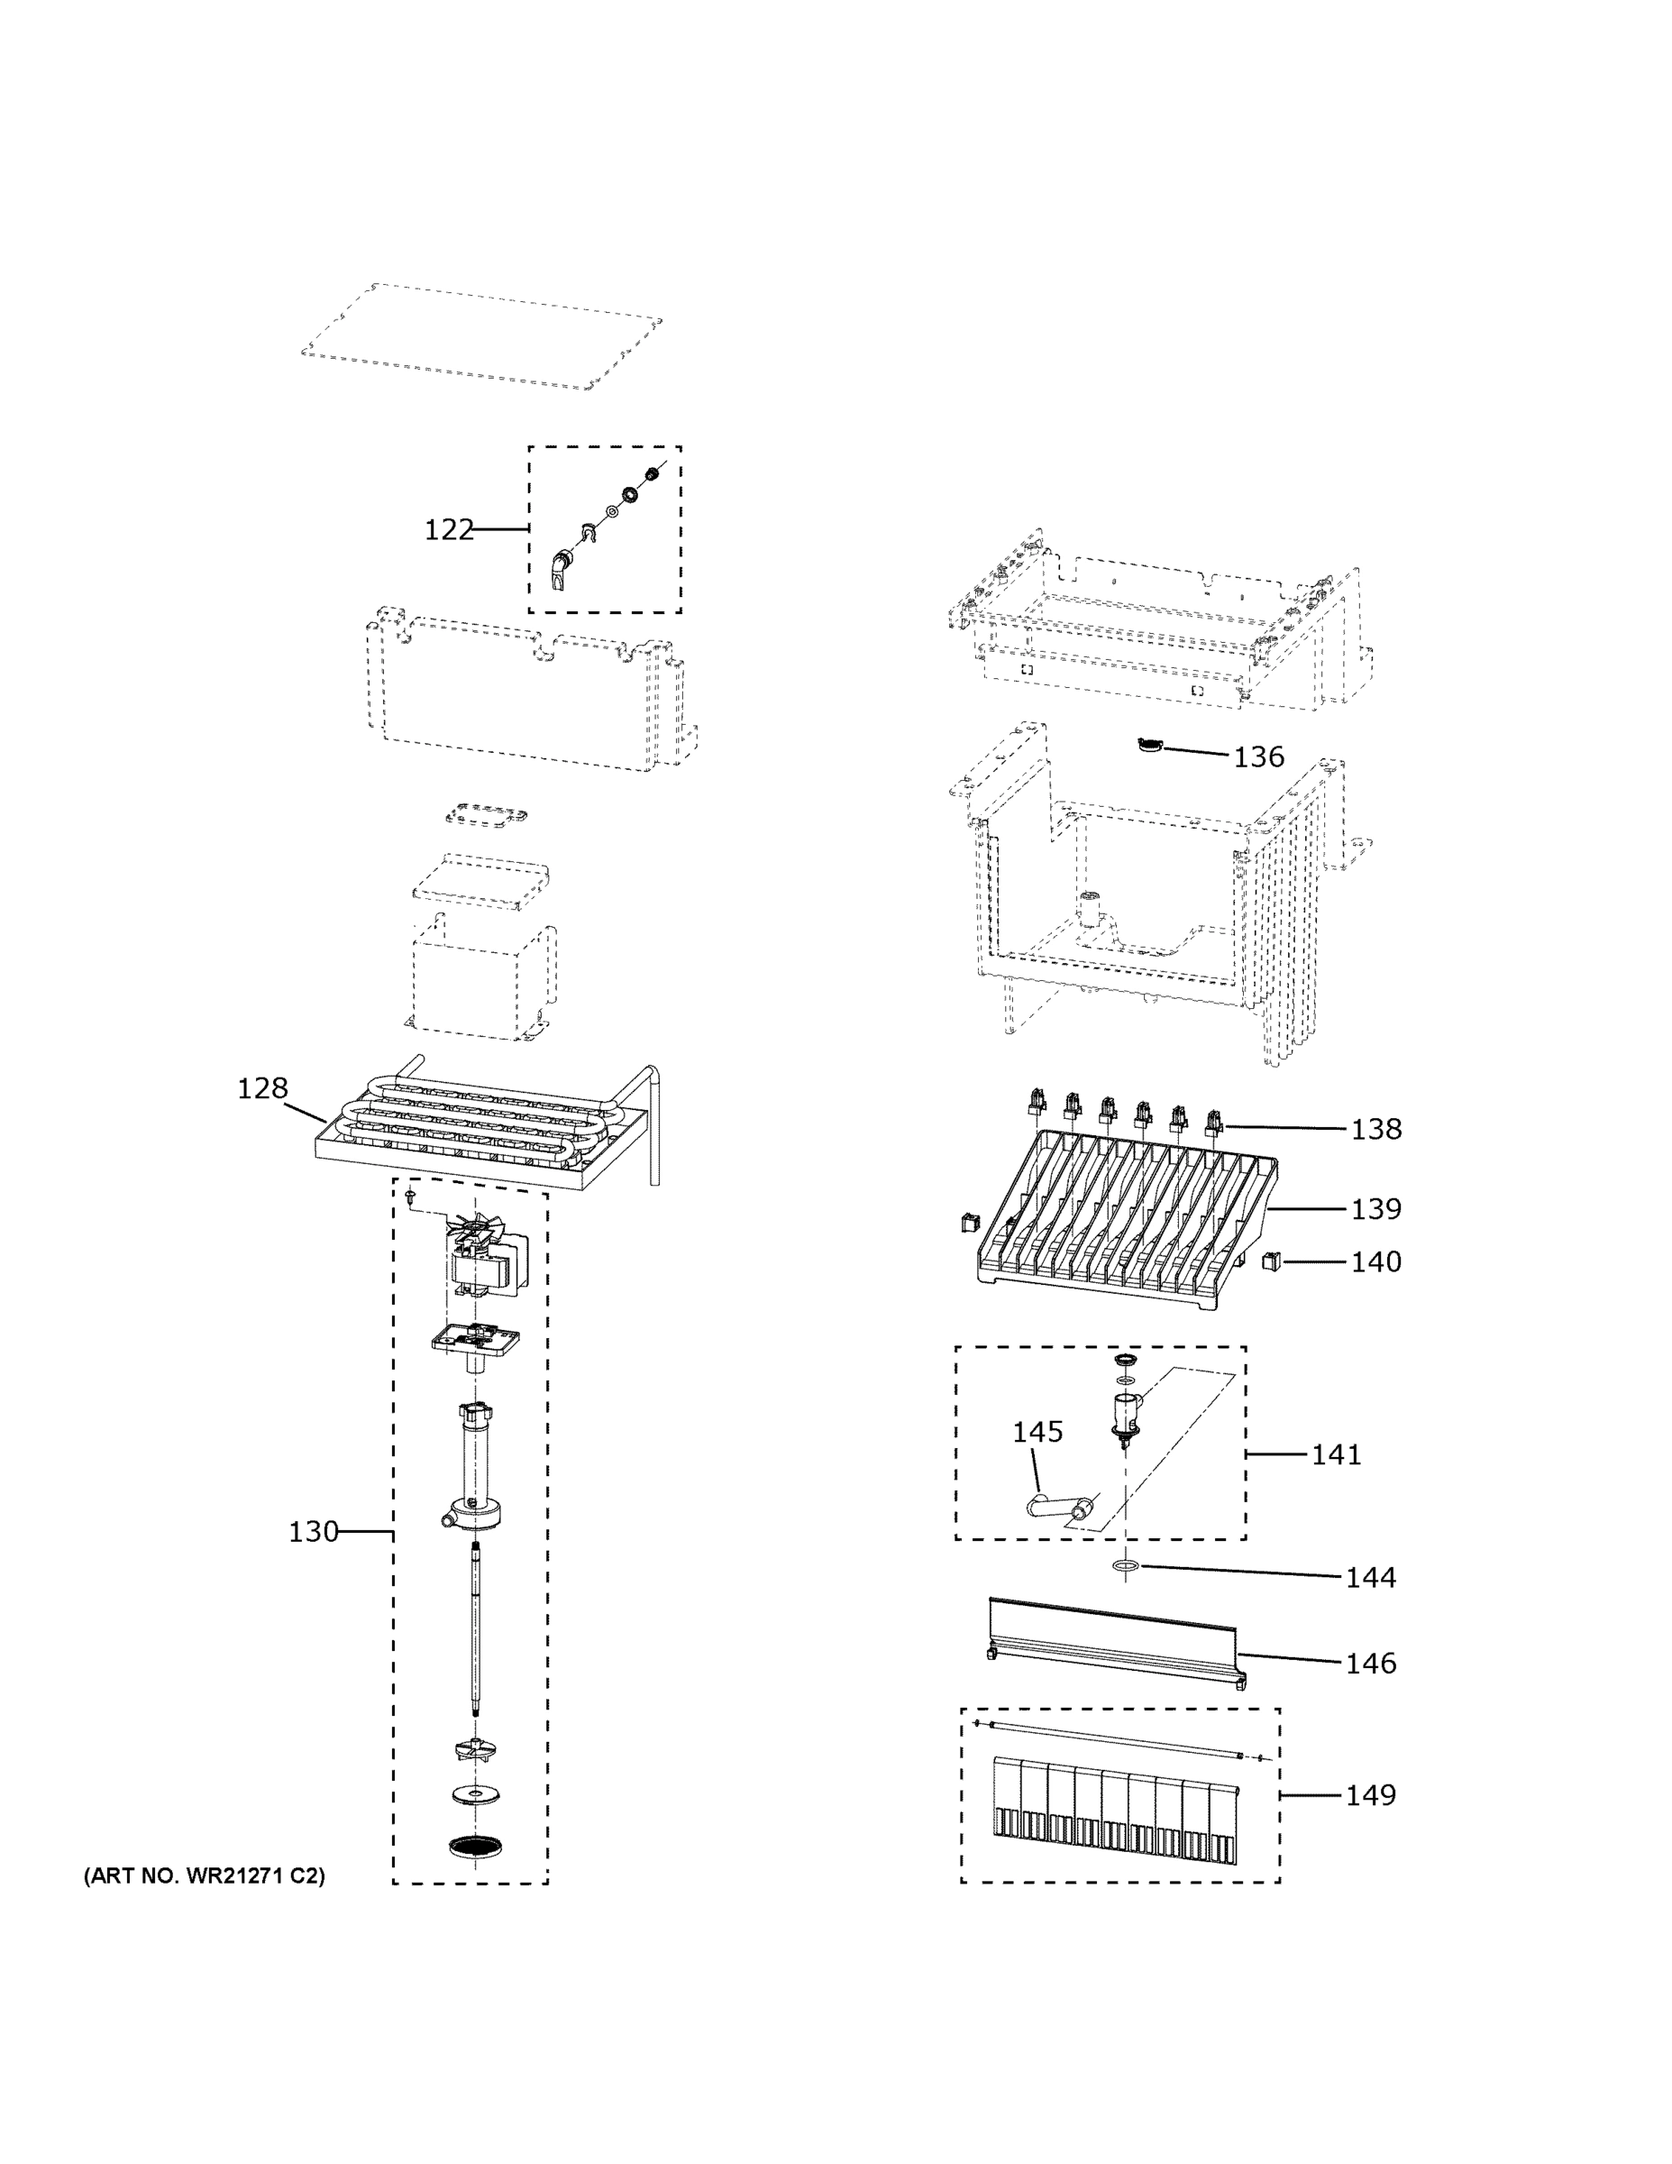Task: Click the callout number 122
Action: pos(449,530)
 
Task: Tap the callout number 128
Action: pos(262,1088)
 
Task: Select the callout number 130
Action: pos(313,1532)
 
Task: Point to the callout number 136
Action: pos(1258,757)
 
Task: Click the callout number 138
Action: pos(1375,1129)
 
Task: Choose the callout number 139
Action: pos(1375,1209)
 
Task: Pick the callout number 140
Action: pos(1375,1261)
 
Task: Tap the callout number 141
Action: pos(1336,1454)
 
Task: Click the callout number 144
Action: pos(1370,1577)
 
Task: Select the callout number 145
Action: pos(1037,1432)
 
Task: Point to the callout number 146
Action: pos(1370,1664)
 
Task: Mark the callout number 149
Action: pos(1370,1795)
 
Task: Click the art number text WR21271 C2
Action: pos(203,1875)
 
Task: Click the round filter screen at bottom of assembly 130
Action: pos(475,1845)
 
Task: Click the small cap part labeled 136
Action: pos(1149,745)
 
